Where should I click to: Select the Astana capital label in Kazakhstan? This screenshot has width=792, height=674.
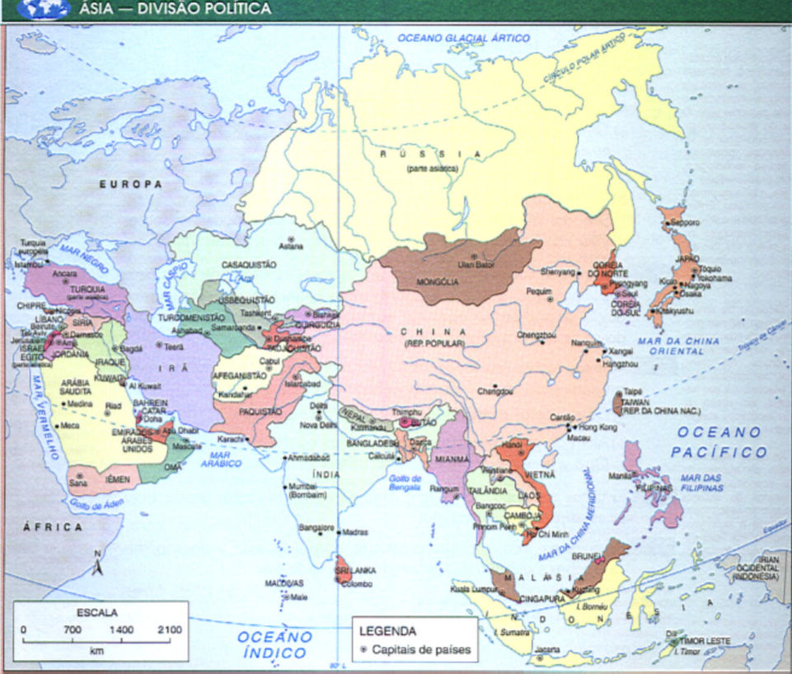point(292,246)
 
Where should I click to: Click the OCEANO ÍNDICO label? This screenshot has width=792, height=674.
point(275,644)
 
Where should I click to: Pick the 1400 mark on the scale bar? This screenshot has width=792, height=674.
point(121,629)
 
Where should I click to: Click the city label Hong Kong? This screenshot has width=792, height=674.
point(598,427)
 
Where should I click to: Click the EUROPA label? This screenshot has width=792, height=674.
point(131,184)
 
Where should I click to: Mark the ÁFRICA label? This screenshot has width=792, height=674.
point(53,526)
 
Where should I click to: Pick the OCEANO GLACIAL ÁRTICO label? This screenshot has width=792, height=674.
point(463,38)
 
